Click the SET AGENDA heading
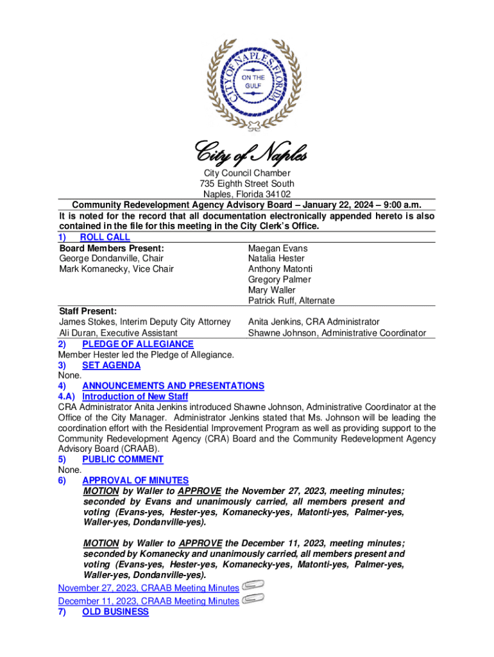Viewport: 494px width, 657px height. pos(111,365)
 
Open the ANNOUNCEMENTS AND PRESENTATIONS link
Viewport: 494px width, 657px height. pos(173,386)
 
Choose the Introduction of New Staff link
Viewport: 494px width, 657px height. pos(135,397)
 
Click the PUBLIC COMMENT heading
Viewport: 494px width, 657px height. pos(123,459)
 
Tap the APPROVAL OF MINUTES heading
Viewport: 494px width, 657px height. pos(135,480)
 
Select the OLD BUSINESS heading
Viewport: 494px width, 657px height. pos(115,611)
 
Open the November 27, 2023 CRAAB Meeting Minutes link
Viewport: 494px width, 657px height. pos(148,588)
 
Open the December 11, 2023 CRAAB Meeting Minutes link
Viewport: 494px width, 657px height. pos(148,601)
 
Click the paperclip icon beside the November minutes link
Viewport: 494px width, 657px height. pos(253,586)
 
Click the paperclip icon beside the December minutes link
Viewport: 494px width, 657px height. pos(253,599)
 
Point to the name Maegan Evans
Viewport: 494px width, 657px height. pos(278,248)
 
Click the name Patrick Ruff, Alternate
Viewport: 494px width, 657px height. pos(291,300)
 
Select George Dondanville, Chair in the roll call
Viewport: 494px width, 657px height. pos(111,259)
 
